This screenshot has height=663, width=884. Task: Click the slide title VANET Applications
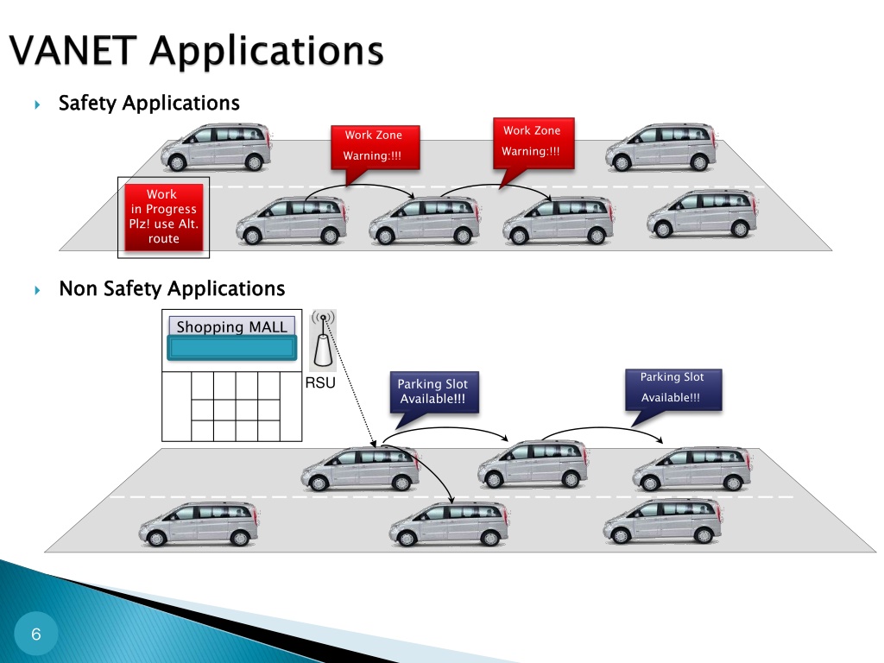pos(196,51)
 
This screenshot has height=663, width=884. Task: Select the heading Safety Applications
pos(148,104)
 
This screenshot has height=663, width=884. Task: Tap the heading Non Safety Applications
pos(172,288)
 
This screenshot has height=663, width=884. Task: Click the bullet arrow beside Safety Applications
pos(37,104)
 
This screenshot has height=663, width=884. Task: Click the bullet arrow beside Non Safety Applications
pos(37,290)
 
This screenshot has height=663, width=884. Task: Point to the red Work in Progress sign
pos(163,217)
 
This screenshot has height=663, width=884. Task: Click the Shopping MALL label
pos(231,326)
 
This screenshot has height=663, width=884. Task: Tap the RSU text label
pos(320,382)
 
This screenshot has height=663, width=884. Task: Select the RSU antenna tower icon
pos(324,340)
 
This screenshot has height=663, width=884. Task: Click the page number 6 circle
pos(36,634)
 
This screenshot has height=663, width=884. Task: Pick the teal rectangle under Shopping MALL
pos(231,348)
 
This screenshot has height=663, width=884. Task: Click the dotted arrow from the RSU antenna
pos(350,382)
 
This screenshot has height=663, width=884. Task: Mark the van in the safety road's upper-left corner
pos(216,147)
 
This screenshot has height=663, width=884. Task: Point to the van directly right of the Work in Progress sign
pos(292,220)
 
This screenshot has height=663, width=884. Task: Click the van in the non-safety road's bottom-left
pos(199,524)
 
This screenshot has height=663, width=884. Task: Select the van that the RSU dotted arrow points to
pos(360,469)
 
